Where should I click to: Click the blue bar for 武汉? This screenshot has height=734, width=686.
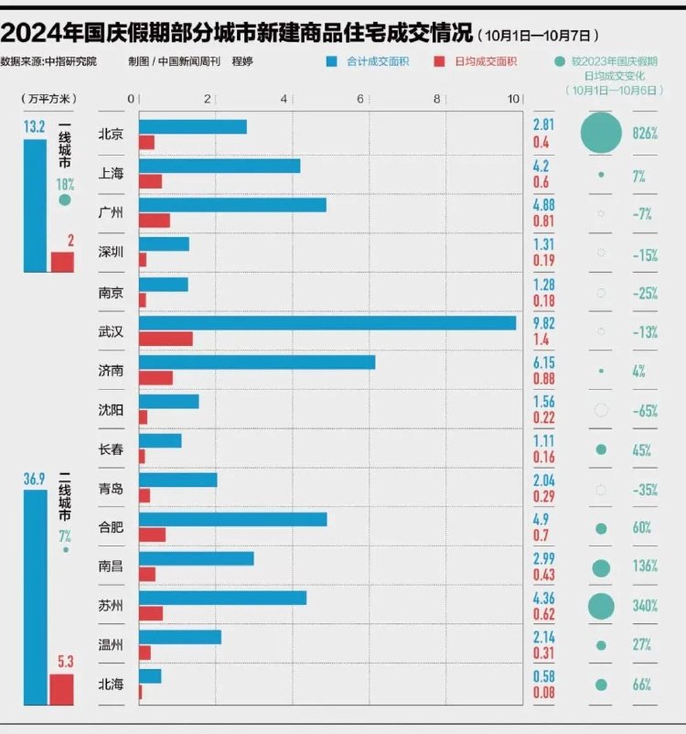(327, 323)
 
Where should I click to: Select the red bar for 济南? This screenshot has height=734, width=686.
(155, 378)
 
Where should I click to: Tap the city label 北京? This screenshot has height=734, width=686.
(111, 134)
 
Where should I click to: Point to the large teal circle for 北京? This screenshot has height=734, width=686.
(601, 133)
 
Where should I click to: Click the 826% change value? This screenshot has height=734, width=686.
(645, 134)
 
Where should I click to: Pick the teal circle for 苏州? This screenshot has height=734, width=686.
(601, 606)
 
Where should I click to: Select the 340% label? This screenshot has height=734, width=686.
(645, 607)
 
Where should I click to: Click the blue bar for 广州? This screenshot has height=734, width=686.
(232, 205)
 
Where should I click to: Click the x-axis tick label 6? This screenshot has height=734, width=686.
(360, 99)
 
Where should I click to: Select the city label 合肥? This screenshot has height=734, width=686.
(111, 527)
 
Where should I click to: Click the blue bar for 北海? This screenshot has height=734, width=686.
(150, 675)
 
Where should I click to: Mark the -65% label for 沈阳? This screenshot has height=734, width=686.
(645, 411)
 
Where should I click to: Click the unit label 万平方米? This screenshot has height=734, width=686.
(49, 99)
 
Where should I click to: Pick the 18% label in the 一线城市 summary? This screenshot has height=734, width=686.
(65, 184)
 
